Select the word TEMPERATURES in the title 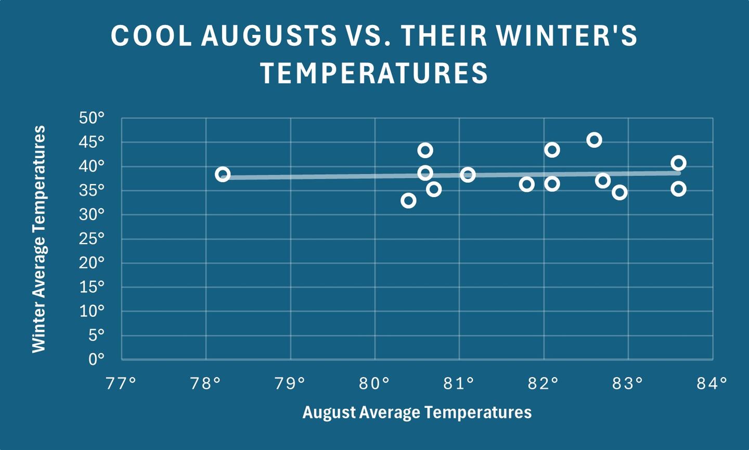point(374,73)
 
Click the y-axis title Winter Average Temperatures point(40,239)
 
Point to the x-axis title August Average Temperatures point(417,413)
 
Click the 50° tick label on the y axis point(92,118)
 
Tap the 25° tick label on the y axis point(92,239)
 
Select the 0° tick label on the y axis point(96,359)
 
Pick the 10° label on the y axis point(92,311)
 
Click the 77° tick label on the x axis point(121,384)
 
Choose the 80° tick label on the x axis point(374,384)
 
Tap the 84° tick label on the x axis point(712,384)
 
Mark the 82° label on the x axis point(544,384)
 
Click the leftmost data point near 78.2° point(223,174)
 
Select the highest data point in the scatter point(594,140)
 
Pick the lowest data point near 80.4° point(408,201)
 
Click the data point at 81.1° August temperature point(468,175)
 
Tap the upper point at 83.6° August point(678,163)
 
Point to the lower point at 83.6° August point(678,189)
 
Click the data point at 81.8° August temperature point(526,184)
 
